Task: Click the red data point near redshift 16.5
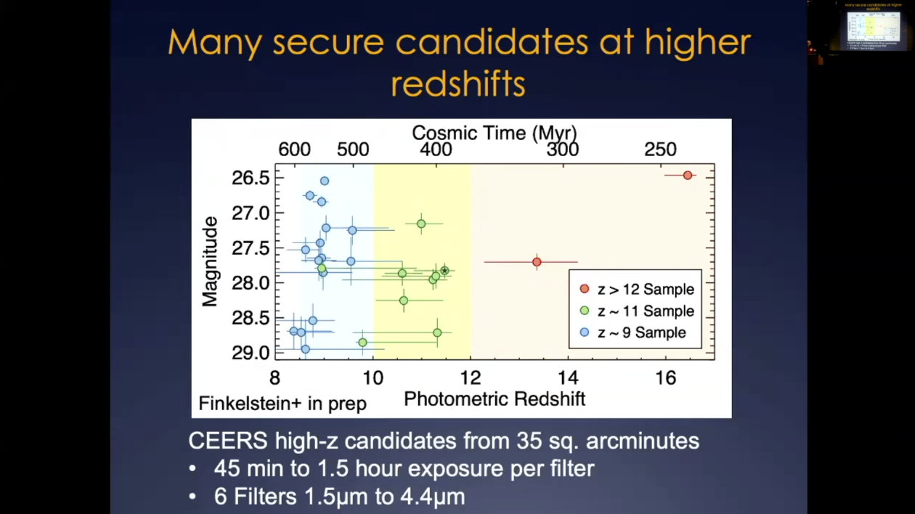point(688,175)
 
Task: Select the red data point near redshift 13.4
point(537,261)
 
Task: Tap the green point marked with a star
point(444,271)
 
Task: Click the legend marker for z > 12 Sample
point(584,289)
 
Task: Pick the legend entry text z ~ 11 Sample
point(646,311)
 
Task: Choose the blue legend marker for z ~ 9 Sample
point(584,333)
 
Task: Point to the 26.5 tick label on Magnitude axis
point(251,178)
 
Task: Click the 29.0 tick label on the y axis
point(251,353)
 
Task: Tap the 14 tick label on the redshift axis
point(568,378)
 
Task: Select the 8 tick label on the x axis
point(274,378)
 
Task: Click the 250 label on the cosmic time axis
point(660,150)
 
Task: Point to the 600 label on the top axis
point(294,150)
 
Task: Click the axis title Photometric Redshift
point(494,399)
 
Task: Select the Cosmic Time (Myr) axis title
point(494,133)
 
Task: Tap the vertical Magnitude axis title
point(210,261)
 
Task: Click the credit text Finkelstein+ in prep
point(282,404)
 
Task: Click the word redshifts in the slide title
point(457,83)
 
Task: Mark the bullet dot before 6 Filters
point(192,497)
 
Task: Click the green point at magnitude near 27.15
point(421,224)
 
